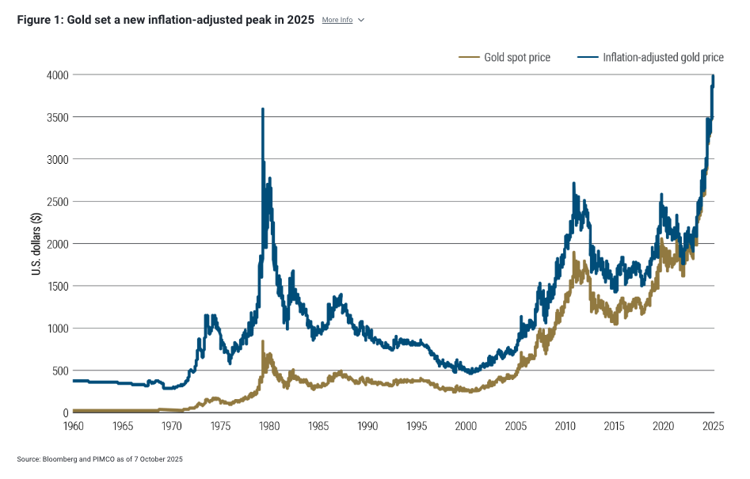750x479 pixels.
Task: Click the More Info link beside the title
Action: coord(337,20)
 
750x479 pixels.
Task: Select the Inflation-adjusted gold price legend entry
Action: coord(662,58)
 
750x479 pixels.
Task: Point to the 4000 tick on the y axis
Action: coord(57,74)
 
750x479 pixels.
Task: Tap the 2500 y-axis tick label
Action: coord(57,201)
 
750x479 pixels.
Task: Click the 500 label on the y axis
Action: coord(59,371)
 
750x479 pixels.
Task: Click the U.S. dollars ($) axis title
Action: coord(36,243)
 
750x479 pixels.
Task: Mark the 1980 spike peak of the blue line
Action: coord(262,109)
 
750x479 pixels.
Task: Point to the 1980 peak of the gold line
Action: coord(262,342)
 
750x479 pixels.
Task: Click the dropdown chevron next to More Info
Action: coord(361,20)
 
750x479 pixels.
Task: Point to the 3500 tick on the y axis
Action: coord(57,117)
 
